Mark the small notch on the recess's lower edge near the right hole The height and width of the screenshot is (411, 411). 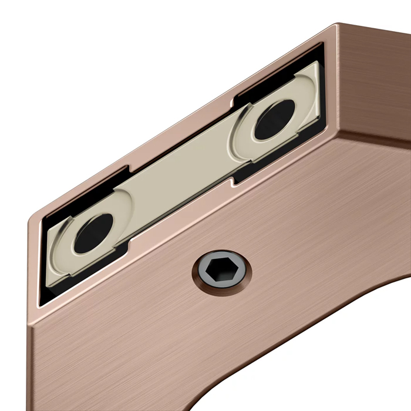tap(234, 181)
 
